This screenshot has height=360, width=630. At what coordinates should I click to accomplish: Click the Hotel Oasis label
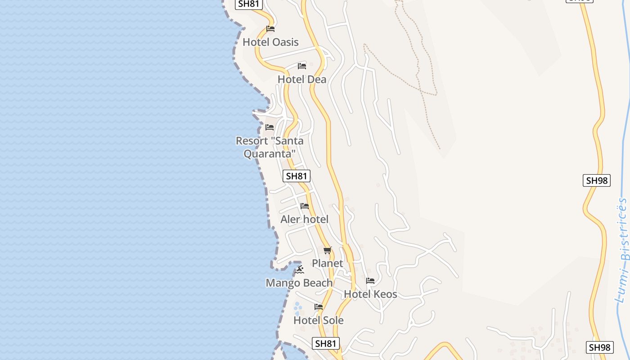tap(270, 42)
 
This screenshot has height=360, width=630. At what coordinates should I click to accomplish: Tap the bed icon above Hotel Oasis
tap(270, 29)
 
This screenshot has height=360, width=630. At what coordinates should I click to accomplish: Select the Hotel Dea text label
tap(302, 80)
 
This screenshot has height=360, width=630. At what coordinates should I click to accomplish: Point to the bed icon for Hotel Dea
tap(302, 66)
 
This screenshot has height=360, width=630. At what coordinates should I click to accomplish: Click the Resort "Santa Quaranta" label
tap(270, 147)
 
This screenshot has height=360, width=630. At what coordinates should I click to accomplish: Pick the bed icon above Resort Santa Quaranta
tap(270, 127)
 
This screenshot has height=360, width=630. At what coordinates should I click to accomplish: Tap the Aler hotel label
tap(305, 220)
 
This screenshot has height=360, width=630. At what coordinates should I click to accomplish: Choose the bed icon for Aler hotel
tap(305, 207)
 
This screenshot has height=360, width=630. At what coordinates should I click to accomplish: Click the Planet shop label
tap(328, 263)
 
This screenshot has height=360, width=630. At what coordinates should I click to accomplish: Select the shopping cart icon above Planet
tap(328, 251)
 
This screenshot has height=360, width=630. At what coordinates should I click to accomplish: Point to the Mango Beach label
tap(299, 283)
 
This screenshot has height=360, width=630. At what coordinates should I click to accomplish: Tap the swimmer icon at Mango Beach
tap(299, 270)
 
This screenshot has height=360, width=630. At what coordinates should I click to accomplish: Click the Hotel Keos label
tap(370, 294)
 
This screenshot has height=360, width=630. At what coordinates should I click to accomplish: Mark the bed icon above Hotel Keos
tap(370, 281)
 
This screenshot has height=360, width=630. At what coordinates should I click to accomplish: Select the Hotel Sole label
tap(319, 320)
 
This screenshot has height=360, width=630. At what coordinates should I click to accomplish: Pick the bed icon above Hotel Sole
tap(319, 307)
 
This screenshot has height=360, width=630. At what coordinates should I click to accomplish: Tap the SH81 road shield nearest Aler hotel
tap(297, 176)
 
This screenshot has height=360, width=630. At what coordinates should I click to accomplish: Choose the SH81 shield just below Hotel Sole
tap(325, 343)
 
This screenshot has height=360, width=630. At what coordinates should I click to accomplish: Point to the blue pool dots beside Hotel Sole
tap(297, 309)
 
